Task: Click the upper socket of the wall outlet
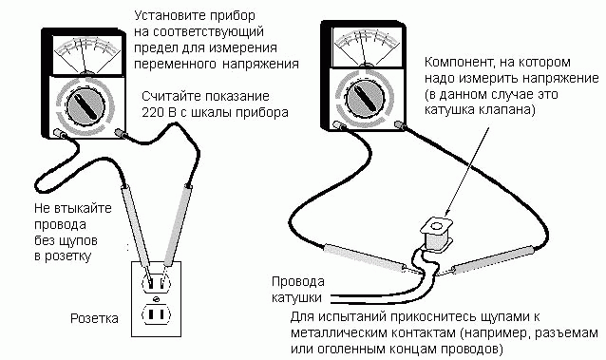coord(156,281)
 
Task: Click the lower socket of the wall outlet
coord(156,313)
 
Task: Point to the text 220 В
coord(159,113)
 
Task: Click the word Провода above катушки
coord(299,282)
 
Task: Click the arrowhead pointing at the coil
coord(443,215)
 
